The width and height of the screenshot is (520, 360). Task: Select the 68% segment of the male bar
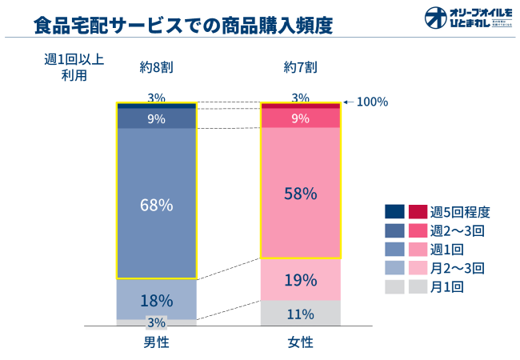157,204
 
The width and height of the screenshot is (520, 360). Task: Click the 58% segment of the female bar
301,194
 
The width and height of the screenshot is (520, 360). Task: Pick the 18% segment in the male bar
157,300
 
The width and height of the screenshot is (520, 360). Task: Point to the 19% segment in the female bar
301,280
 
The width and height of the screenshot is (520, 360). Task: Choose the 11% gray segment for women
301,314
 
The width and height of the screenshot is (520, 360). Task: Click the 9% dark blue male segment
157,118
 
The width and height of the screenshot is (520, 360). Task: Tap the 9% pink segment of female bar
301,118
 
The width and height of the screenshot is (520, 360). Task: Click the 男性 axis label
156,342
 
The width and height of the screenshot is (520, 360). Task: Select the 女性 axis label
301,342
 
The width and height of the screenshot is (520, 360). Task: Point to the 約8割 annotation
156,67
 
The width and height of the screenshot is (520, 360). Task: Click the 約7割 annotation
301,67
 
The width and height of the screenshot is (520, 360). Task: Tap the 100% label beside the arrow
372,102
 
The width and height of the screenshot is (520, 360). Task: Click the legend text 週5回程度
460,212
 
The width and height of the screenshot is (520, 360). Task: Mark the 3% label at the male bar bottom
157,322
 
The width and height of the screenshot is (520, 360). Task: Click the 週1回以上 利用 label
74,67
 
